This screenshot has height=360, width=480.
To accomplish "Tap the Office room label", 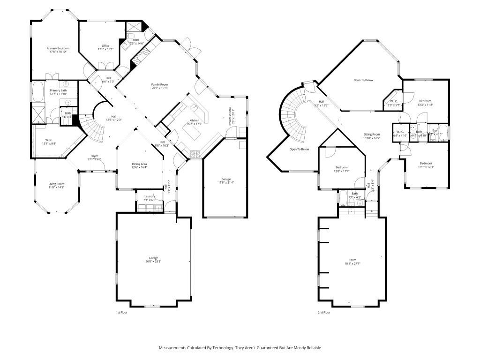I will pyautogui.click(x=105, y=45).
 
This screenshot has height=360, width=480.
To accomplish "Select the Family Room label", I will pyautogui.click(x=159, y=84).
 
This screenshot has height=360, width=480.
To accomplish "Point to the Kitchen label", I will pyautogui.click(x=194, y=120).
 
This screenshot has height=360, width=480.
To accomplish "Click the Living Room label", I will pyautogui.click(x=57, y=184).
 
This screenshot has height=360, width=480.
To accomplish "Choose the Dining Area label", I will pyautogui.click(x=140, y=164).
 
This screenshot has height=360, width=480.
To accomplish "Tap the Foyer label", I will pyautogui.click(x=94, y=156).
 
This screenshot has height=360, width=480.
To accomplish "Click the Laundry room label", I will pyautogui.click(x=150, y=196).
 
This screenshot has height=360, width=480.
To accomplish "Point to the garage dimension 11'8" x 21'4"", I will pyautogui.click(x=226, y=182).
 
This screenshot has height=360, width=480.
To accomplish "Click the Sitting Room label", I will pyautogui.click(x=372, y=135).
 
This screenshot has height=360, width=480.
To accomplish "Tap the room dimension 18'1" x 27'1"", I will pyautogui.click(x=352, y=263).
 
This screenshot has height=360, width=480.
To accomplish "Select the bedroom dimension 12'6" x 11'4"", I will pyautogui.click(x=341, y=171).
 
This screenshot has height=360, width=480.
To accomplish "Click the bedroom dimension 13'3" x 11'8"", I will pyautogui.click(x=425, y=105).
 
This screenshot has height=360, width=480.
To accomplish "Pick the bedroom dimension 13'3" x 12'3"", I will pyautogui.click(x=425, y=167).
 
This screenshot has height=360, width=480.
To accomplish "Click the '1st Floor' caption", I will pyautogui.click(x=121, y=312).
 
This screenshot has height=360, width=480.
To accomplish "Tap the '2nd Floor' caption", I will pyautogui.click(x=324, y=312).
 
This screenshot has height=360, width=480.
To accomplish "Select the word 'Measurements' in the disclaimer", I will pyautogui.click(x=173, y=348).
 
